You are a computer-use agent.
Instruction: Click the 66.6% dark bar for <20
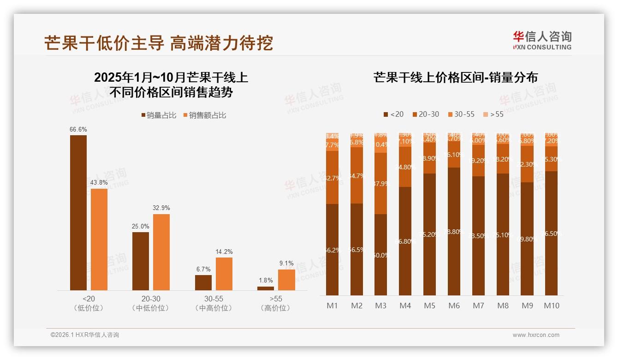coord(78,212)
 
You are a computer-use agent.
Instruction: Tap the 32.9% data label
coord(161,208)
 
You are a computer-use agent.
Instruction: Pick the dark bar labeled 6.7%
coord(203,282)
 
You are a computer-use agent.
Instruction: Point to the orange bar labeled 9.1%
coord(286,280)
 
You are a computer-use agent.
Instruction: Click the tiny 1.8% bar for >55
coord(266,288)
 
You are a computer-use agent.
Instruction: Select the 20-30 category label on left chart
coord(141,299)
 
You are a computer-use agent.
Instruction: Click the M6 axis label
coord(454,306)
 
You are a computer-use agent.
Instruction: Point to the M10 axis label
coord(552,306)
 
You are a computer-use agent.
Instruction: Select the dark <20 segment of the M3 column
coord(381,255)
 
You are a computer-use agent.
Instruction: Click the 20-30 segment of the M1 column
coord(332,177)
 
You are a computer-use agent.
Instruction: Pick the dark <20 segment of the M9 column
coord(527,239)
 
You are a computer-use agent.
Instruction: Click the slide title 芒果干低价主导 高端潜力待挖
coord(159,43)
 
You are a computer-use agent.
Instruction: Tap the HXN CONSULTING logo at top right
coord(542,40)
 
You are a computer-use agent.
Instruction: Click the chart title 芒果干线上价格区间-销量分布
coord(456,77)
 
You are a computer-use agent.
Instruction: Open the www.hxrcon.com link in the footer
coord(536,335)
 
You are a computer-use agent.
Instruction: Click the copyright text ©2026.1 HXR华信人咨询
coord(85,335)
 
